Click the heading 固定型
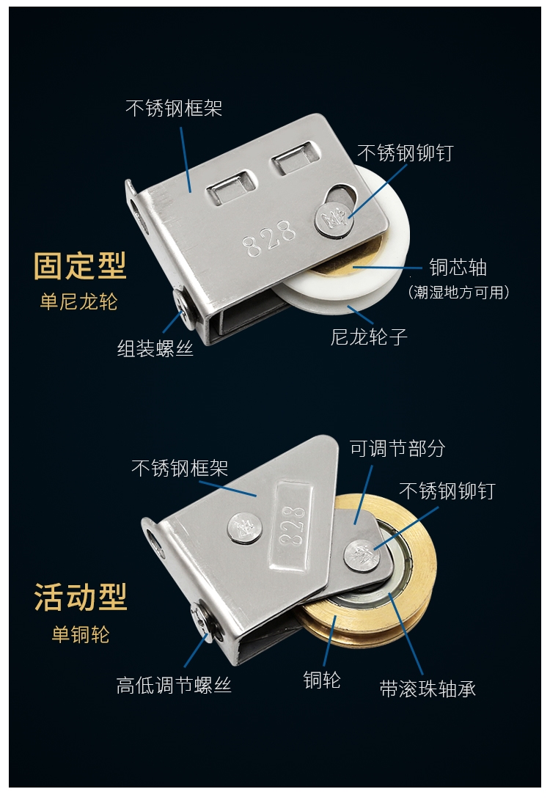80,266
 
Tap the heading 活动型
80,597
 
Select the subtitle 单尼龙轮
78,301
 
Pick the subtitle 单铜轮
81,634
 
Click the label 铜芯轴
458,268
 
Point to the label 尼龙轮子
369,337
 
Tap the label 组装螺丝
155,349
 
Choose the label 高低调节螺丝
174,685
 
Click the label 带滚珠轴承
428,689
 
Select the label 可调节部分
397,449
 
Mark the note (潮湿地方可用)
458,293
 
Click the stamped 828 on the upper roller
269,238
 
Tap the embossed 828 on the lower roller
293,526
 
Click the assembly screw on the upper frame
184,308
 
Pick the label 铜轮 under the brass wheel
322,680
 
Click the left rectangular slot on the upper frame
230,188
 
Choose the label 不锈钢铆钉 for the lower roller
447,491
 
